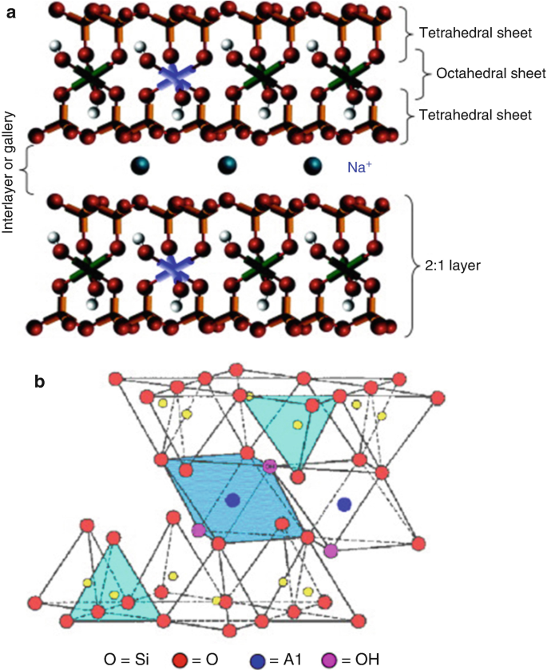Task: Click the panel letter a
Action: coord(12,11)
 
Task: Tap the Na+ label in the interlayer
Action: coord(357,167)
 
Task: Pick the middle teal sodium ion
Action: coord(227,165)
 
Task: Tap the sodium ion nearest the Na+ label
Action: coord(312,165)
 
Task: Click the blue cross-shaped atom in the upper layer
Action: coord(174,77)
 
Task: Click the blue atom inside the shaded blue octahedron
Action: coord(232,500)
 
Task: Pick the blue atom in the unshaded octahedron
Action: coord(344,504)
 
